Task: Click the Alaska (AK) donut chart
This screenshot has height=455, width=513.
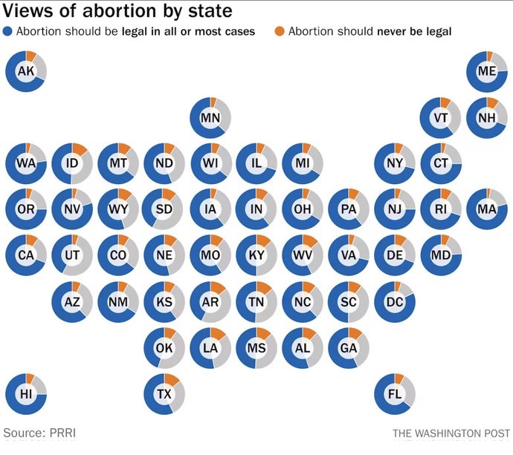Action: (x=26, y=71)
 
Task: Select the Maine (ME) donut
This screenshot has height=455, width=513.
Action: (x=487, y=71)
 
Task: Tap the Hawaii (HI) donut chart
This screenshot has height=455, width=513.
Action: (x=26, y=393)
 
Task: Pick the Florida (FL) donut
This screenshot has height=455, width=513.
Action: (x=395, y=393)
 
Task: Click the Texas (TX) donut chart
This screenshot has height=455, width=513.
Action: (x=164, y=393)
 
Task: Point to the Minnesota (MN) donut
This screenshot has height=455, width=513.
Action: (x=210, y=117)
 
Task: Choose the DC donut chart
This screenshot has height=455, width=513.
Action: (x=395, y=301)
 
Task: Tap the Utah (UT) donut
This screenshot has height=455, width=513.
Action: (x=72, y=255)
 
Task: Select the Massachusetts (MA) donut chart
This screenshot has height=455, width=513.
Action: (x=487, y=209)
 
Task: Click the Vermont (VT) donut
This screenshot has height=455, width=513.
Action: (x=441, y=117)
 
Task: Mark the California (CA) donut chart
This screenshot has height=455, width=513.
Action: (x=26, y=255)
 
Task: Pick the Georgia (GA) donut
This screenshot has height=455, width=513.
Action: (x=349, y=347)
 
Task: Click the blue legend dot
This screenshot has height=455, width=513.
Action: (x=8, y=31)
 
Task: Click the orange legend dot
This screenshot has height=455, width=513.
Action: (x=280, y=31)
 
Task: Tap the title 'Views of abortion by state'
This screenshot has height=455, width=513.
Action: (x=118, y=11)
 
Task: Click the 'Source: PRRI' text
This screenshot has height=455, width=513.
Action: (x=39, y=432)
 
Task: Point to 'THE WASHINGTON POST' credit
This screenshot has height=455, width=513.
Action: (x=450, y=433)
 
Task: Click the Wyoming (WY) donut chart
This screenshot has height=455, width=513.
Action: (x=118, y=209)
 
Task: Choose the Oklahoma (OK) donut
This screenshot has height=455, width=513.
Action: (x=164, y=347)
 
